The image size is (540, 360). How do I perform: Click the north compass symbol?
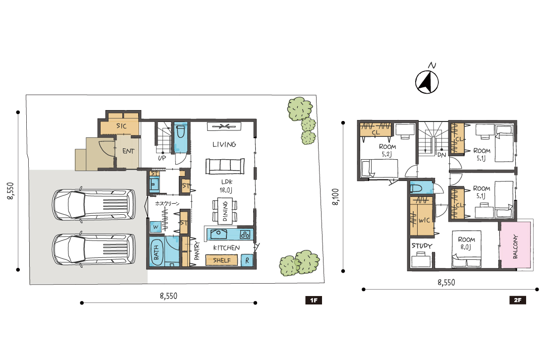click(x=427, y=82)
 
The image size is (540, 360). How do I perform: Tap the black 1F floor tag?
click(x=314, y=300)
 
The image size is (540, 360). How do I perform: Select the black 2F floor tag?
click(x=518, y=300)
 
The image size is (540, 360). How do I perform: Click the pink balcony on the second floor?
click(x=515, y=245)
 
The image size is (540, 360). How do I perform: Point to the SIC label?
click(x=121, y=126)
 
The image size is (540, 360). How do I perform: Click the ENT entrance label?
click(x=128, y=151)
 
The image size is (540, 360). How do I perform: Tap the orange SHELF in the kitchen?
click(x=221, y=260)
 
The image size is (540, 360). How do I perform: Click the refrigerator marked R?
click(x=247, y=260)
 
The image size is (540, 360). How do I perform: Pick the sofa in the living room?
click(x=225, y=166)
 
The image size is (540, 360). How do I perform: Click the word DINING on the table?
click(x=225, y=211)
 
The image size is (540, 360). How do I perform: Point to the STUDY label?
click(x=422, y=245)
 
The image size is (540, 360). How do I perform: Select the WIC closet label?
click(x=424, y=220)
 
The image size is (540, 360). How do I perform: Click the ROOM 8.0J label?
click(x=466, y=243)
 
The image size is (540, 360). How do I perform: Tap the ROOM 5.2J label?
click(x=387, y=150)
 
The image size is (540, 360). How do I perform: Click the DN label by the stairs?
click(x=441, y=155)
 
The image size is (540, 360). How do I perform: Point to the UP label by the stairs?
click(x=162, y=158)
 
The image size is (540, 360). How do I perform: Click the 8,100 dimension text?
click(x=335, y=197)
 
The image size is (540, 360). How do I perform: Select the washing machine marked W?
click(x=156, y=227)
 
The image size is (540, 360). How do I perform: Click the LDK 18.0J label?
click(x=226, y=185)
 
